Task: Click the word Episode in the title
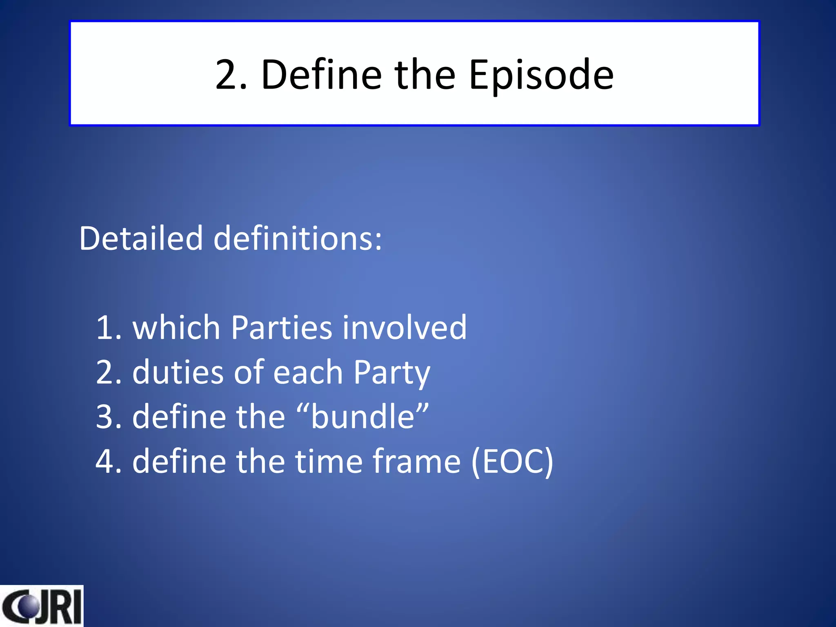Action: click(541, 76)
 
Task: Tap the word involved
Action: click(405, 328)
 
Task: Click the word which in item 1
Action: click(176, 328)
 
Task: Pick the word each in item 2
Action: click(308, 372)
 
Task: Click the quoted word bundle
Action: click(363, 417)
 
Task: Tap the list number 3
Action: click(105, 417)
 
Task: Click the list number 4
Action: click(105, 462)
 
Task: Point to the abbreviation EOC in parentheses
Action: click(513, 462)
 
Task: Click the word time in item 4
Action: click(329, 462)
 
